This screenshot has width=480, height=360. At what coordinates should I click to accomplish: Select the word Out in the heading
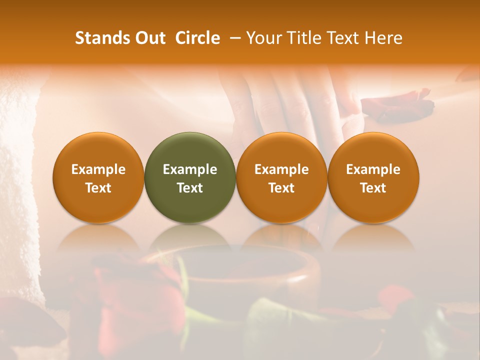[149, 38]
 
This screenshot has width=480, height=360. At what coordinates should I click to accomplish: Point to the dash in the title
[233, 38]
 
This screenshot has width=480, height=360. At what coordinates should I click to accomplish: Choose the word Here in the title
[383, 38]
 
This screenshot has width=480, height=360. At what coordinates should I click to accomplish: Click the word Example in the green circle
[190, 169]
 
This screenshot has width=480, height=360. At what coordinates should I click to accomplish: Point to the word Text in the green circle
[190, 188]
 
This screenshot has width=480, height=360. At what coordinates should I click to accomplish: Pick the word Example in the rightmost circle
[373, 169]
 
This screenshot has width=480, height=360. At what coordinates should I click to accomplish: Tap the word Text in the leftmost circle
[98, 188]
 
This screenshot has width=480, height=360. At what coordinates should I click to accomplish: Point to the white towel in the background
[17, 190]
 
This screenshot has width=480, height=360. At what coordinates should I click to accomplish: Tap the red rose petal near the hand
[395, 102]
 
